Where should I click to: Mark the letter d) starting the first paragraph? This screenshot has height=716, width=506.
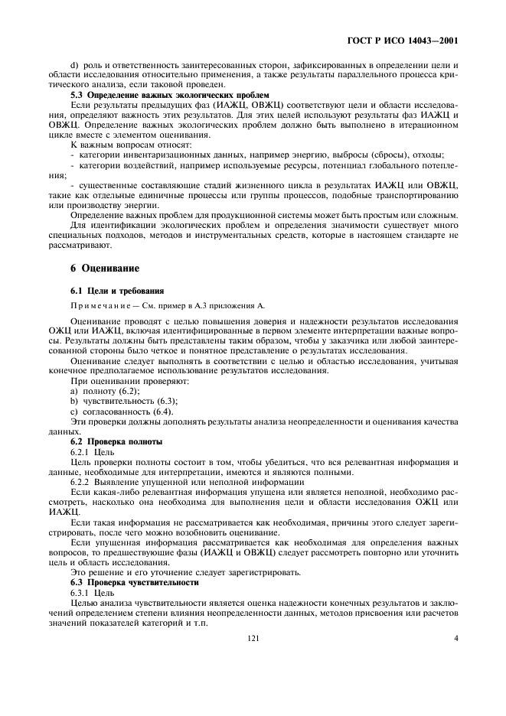click(73, 63)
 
